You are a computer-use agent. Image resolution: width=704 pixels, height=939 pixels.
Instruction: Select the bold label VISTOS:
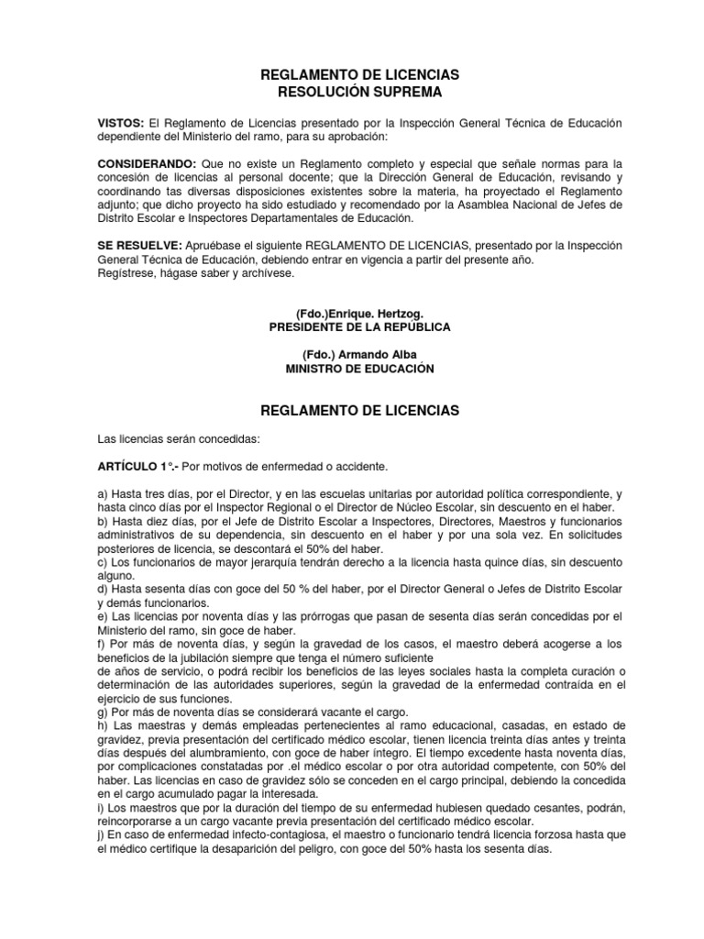pos(121,123)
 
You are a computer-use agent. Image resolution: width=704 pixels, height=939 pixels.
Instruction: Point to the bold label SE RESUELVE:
pos(139,246)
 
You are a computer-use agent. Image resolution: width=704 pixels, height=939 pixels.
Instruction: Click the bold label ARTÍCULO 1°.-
pos(138,465)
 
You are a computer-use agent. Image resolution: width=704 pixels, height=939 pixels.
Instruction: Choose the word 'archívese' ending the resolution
pos(267,273)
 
